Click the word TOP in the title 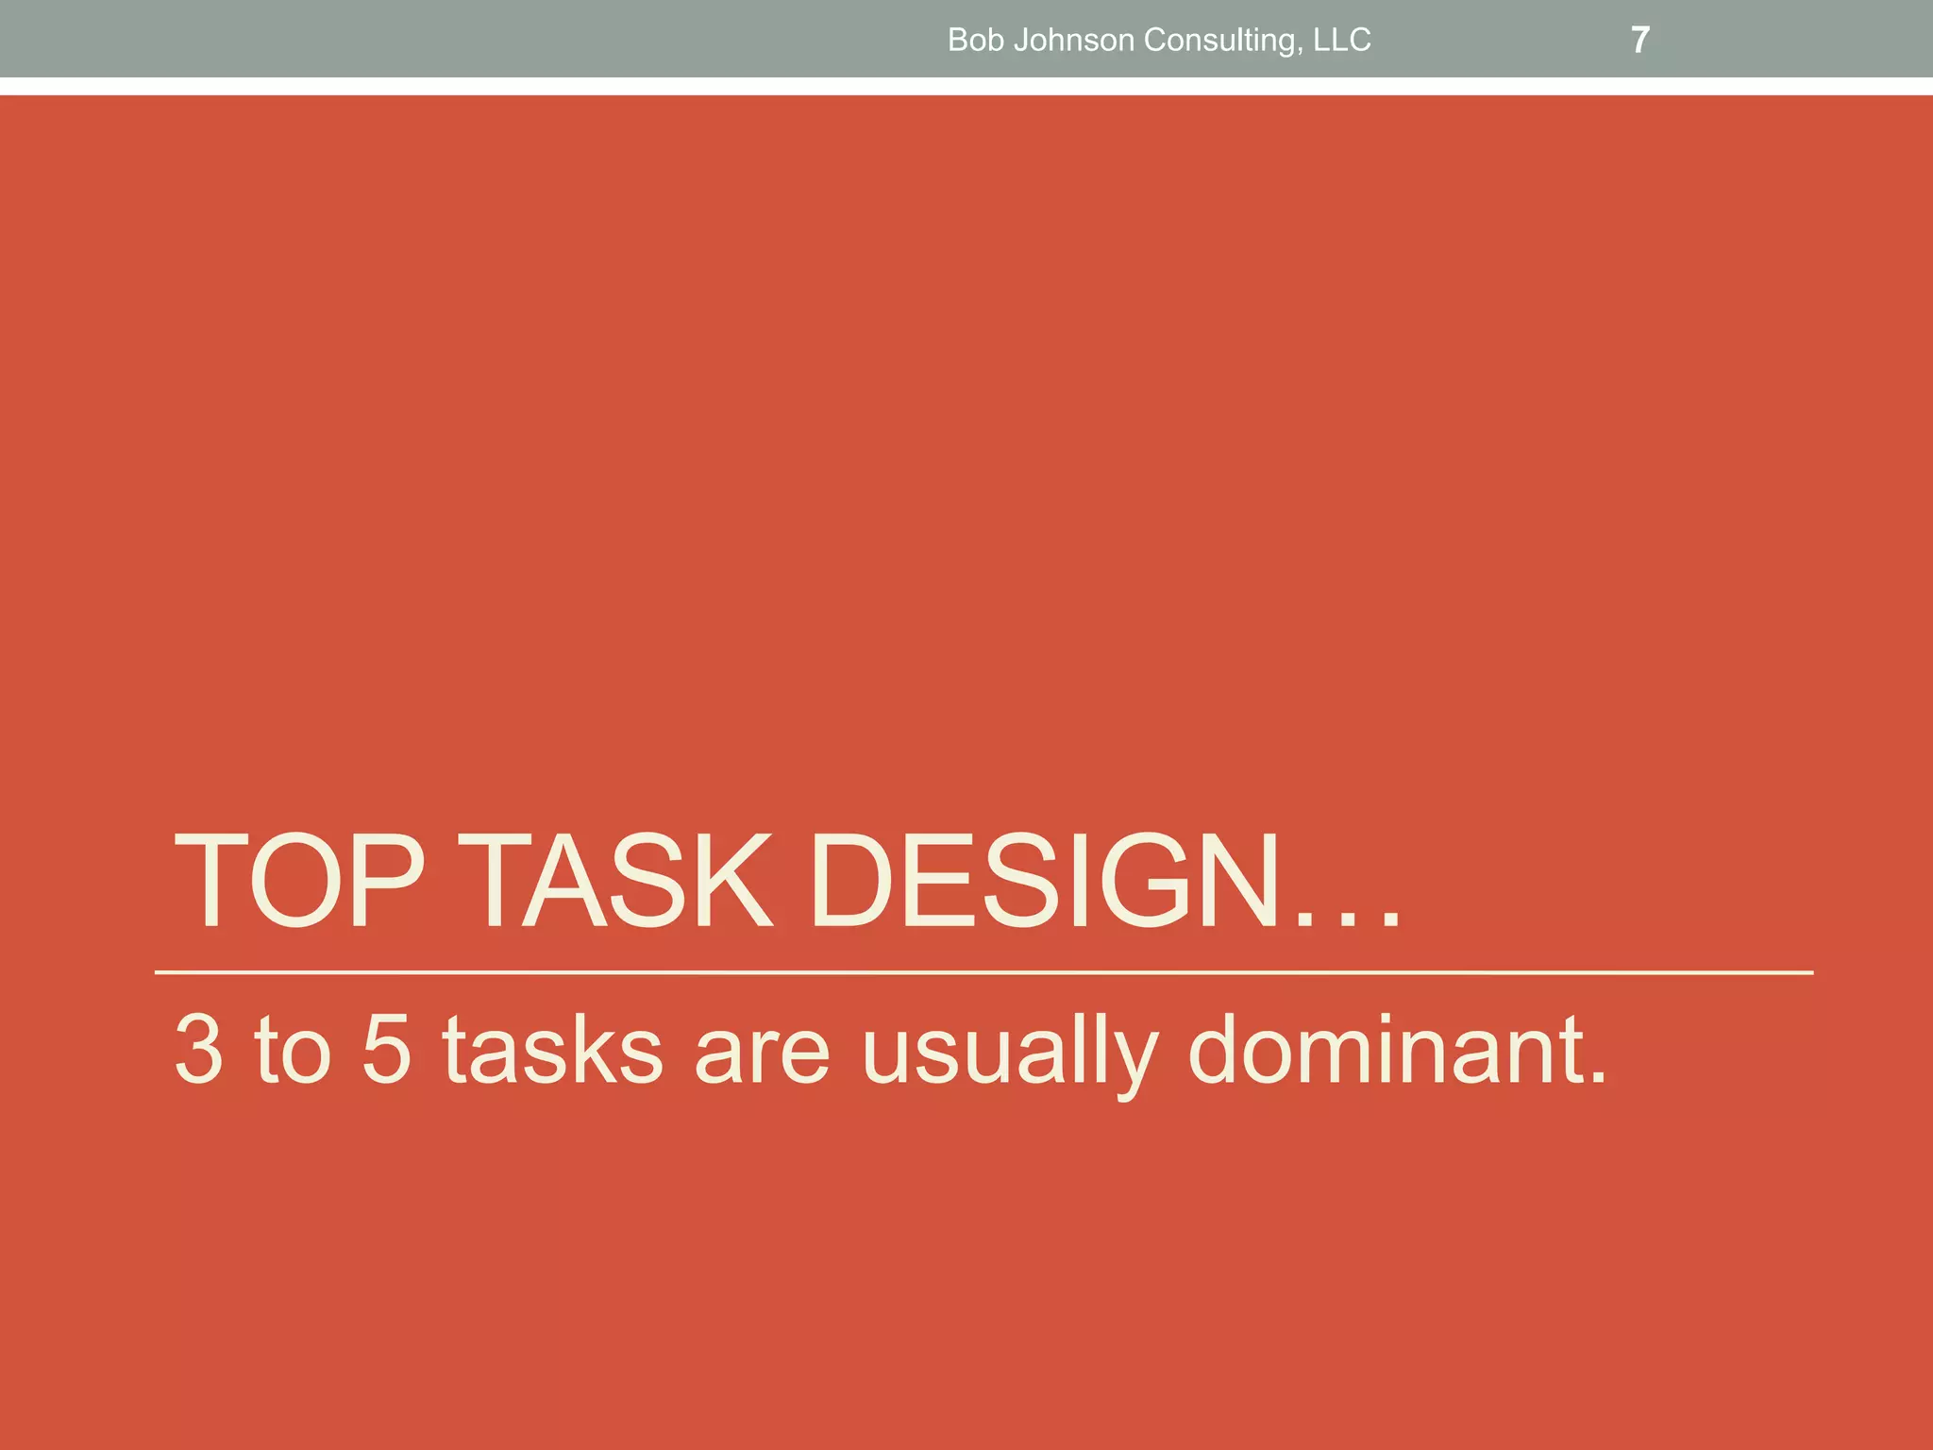pos(299,881)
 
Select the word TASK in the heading pos(621,881)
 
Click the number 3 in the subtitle pos(199,1049)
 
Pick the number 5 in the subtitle pos(387,1049)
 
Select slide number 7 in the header pos(1640,40)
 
